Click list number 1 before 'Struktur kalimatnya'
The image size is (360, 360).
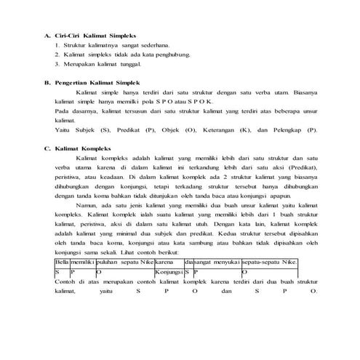tap(57, 45)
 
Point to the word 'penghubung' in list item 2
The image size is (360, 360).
tap(171, 55)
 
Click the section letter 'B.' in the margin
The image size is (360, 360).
tap(48, 83)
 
